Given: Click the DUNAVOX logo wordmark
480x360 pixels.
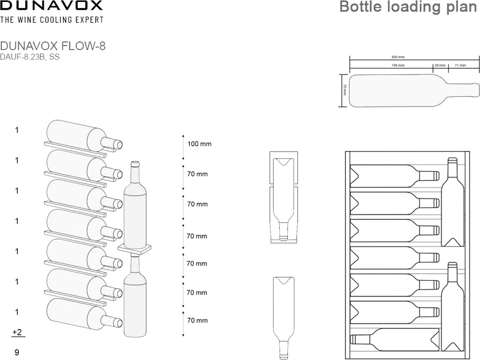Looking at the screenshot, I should [51, 6].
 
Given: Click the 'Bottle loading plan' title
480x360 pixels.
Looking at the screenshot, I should [408, 7].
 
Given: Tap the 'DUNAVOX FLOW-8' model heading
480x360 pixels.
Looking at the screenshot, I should [53, 46].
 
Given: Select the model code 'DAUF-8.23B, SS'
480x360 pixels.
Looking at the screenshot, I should [30, 57].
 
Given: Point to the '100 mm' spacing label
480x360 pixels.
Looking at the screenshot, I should [199, 144].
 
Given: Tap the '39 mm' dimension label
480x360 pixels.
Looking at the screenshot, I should [440, 65].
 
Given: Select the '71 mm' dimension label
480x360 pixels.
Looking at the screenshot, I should [460, 65].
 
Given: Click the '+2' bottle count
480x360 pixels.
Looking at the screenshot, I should [17, 332].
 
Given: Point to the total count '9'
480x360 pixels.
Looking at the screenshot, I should [17, 352].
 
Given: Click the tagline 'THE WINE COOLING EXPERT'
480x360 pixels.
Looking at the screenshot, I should [52, 20].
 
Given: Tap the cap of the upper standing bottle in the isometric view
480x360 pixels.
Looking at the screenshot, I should [135, 164].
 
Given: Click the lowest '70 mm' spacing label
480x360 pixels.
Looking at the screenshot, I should [197, 321].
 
